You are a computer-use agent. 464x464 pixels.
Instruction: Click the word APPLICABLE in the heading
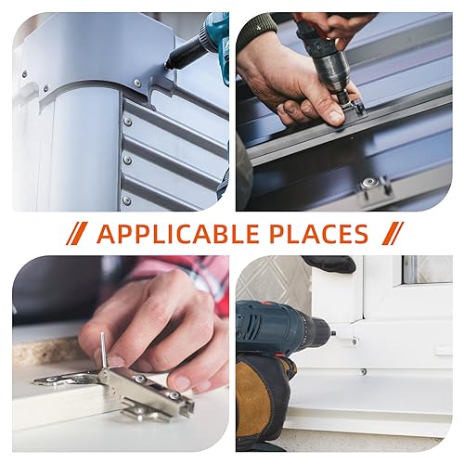click(x=177, y=233)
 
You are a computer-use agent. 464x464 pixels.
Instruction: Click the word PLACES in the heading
click(x=318, y=233)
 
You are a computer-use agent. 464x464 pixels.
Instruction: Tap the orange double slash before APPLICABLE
click(x=77, y=233)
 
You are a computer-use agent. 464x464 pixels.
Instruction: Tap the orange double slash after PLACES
click(x=393, y=233)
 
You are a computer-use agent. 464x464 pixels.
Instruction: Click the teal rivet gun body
click(x=216, y=37)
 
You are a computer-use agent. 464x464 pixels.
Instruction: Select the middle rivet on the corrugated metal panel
click(x=127, y=160)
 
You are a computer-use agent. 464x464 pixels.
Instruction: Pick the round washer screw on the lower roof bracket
click(x=368, y=183)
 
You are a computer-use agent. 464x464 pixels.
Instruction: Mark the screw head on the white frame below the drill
click(x=365, y=371)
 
